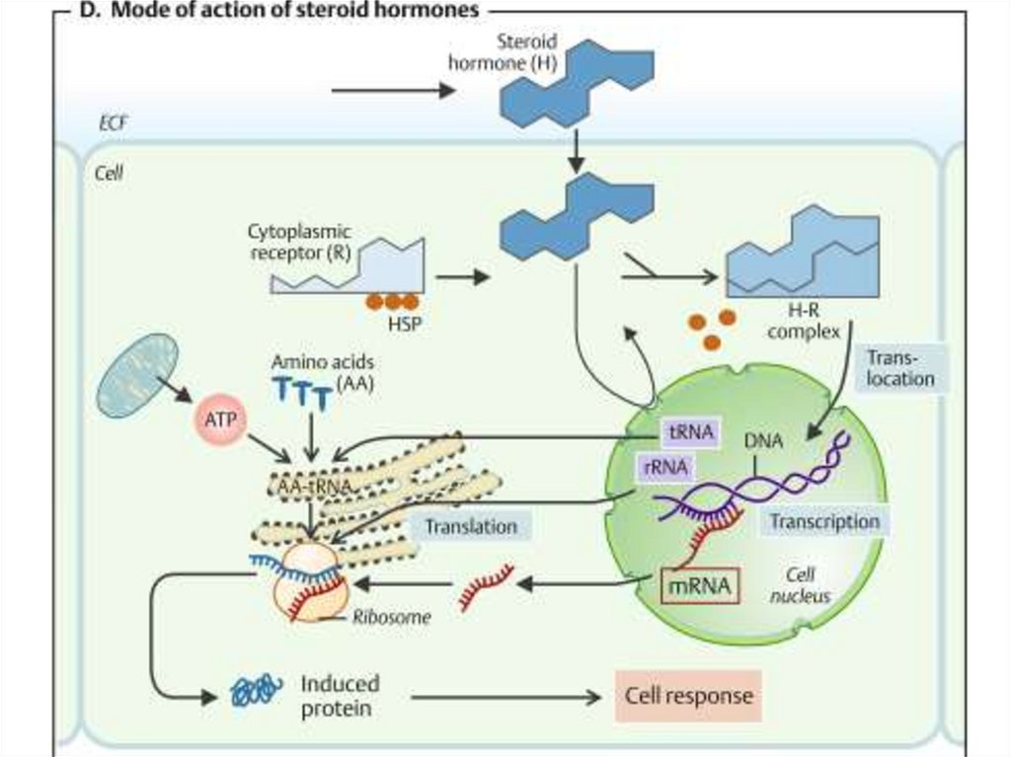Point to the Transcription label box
[x=824, y=521]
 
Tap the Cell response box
[x=688, y=696]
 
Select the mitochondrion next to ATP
[x=138, y=375]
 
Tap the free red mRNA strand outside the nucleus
[x=486, y=586]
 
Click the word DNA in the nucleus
[x=763, y=442]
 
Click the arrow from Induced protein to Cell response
[x=505, y=697]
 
